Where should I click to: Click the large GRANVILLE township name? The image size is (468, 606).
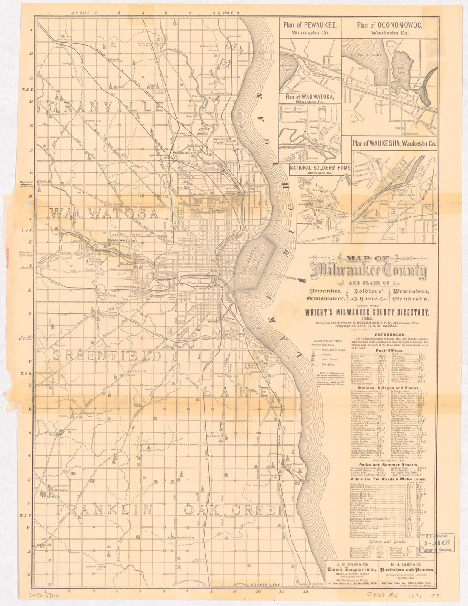[x=107, y=106]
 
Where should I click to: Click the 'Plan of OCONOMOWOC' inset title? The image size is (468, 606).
[x=390, y=25]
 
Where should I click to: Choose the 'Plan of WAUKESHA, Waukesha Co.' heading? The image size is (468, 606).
[x=394, y=144]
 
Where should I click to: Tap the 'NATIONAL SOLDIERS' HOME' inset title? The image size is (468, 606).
[x=320, y=168]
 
